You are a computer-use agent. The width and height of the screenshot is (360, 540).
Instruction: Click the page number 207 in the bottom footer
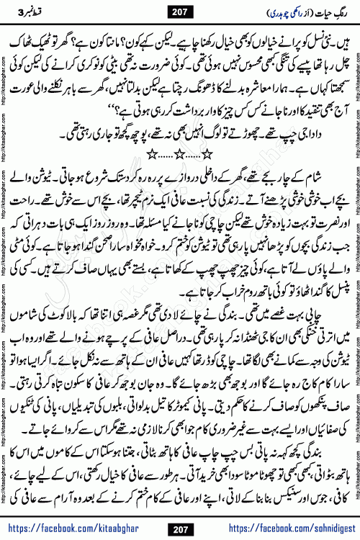click(180, 528)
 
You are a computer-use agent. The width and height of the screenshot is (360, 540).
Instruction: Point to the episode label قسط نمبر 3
click(30, 12)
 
